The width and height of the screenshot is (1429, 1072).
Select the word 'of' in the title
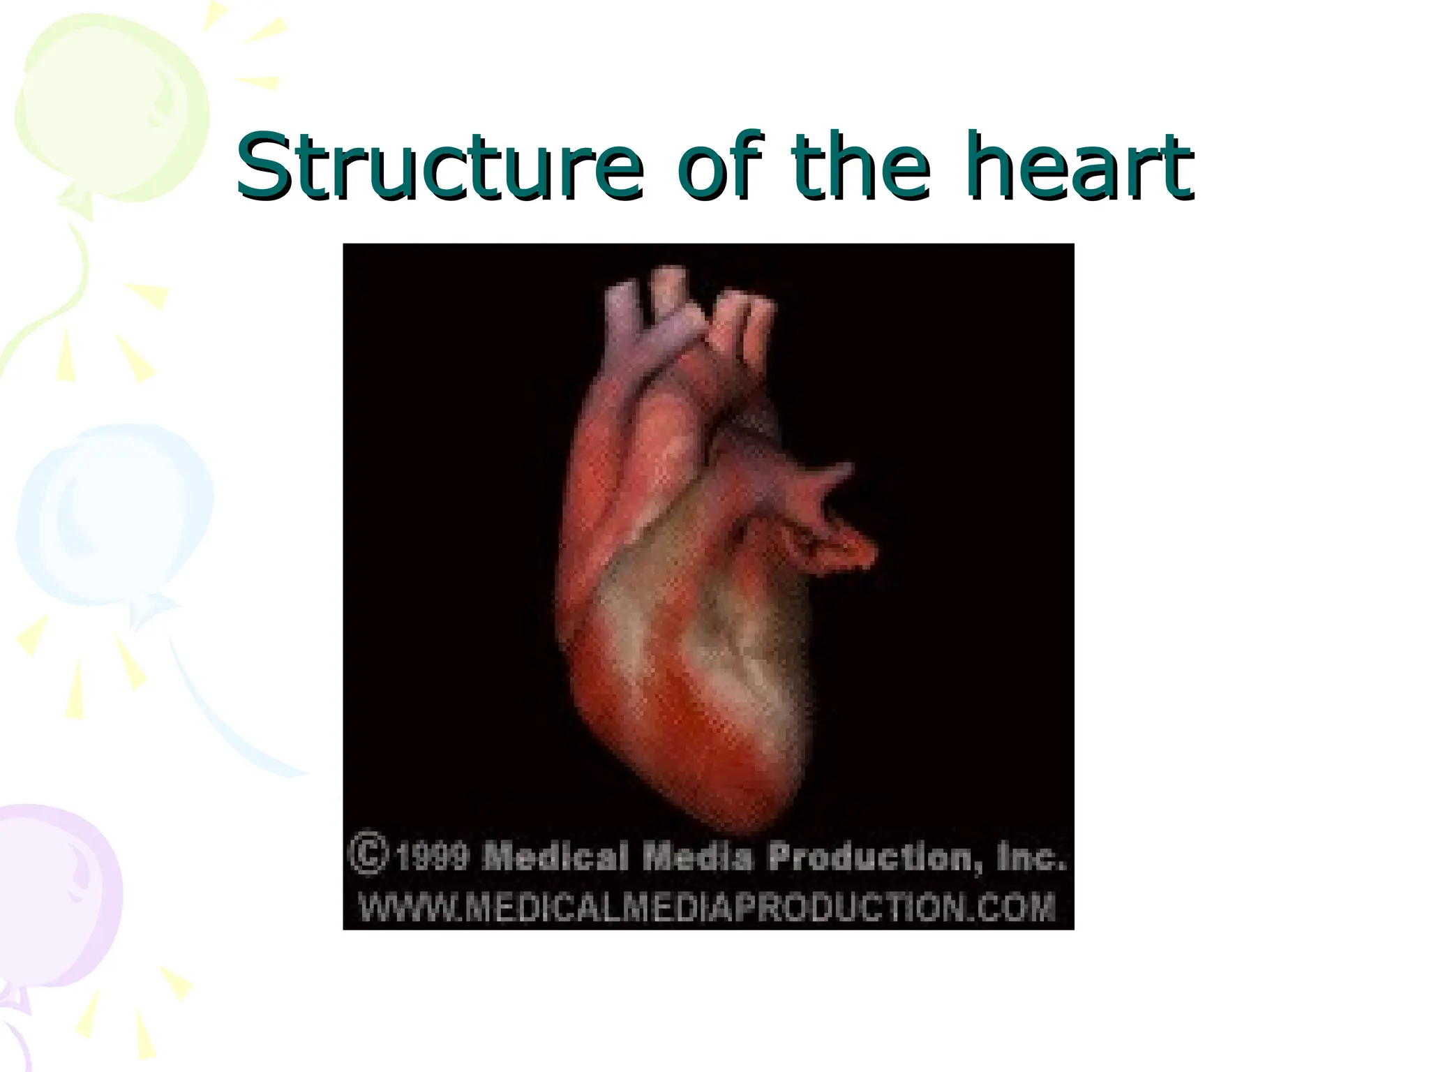(719, 166)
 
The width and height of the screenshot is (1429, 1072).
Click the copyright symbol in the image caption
(368, 852)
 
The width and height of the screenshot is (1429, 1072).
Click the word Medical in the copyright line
(555, 856)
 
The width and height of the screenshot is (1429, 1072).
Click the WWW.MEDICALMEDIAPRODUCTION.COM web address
(707, 907)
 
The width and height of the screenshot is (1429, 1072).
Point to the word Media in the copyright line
(697, 856)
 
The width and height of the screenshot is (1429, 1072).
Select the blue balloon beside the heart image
(115, 516)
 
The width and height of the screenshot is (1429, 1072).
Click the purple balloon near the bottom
(56, 893)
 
